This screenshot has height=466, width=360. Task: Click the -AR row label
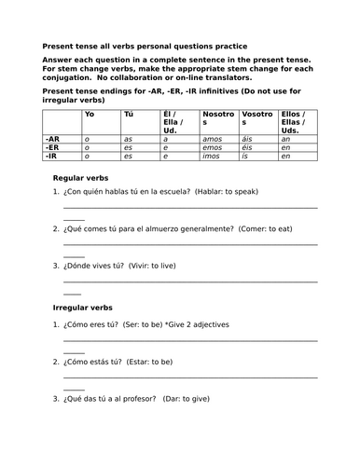[x=53, y=138]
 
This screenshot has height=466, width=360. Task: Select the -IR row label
[x=52, y=156]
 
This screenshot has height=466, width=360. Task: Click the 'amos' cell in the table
[x=212, y=138]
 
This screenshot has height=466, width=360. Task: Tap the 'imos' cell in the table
[x=212, y=156]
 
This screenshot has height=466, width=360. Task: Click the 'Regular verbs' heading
[x=81, y=177]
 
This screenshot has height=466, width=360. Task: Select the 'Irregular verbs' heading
[x=84, y=307]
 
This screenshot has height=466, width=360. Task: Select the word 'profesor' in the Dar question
[x=149, y=399]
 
